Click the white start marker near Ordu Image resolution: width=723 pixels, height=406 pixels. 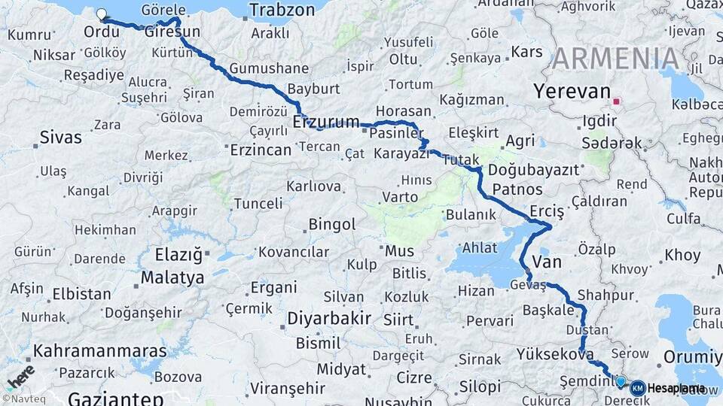click(102, 14)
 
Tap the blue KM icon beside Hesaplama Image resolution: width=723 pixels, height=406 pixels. click(637, 388)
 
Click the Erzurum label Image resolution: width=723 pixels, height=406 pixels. click(325, 122)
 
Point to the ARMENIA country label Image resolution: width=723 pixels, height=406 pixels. click(615, 59)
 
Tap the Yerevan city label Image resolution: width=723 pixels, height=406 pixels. click(572, 92)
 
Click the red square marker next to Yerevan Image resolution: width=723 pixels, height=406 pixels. click(617, 101)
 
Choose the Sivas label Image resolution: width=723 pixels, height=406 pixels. click(60, 138)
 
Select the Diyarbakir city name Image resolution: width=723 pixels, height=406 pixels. click(329, 319)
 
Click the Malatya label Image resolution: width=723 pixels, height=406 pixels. click(172, 277)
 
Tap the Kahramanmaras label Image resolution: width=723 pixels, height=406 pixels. click(89, 351)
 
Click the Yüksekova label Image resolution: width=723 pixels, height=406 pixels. click(555, 354)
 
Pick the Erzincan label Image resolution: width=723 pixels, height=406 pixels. click(260, 150)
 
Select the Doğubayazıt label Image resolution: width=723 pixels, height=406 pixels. click(533, 170)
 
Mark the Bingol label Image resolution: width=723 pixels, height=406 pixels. click(331, 224)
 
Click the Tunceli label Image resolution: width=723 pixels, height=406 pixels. click(258, 204)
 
